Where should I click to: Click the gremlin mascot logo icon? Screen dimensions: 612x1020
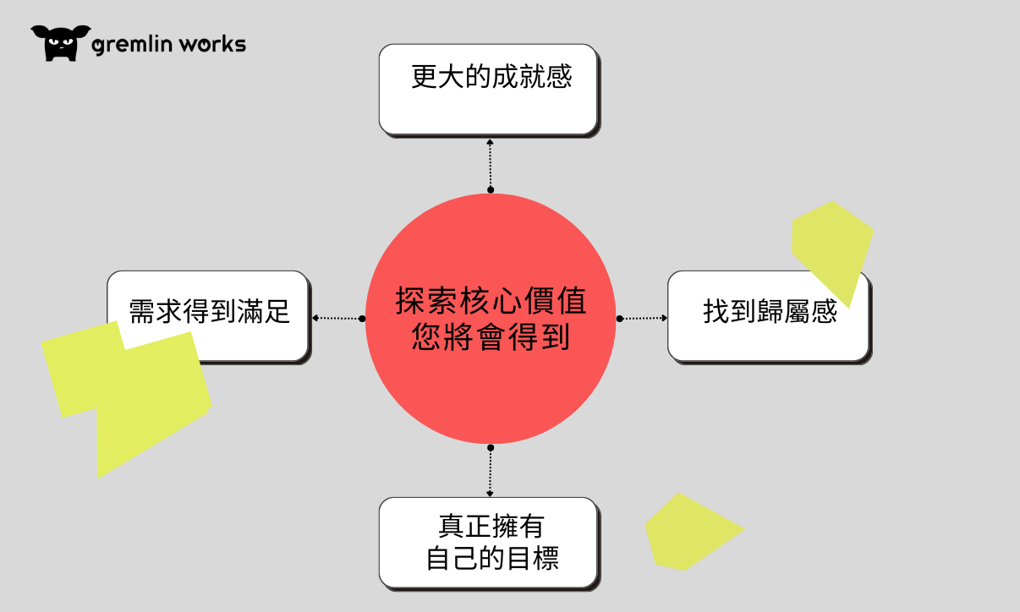pos(60,42)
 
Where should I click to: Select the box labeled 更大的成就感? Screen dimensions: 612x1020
pos(488,90)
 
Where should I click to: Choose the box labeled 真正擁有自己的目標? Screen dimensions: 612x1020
pos(488,542)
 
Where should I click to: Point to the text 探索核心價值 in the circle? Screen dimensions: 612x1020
pos(491,302)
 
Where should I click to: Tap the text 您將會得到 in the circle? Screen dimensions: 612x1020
pos(491,338)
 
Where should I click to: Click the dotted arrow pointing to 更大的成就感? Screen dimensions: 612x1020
pos(490,165)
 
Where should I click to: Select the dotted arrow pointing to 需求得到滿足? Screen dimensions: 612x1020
pos(337,319)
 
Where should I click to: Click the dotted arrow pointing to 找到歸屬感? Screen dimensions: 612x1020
pos(643,319)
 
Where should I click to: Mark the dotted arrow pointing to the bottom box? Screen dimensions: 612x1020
pos(490,472)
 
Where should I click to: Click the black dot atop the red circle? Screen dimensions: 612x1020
pos(490,192)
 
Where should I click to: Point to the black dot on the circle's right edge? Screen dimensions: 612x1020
pos(619,319)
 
